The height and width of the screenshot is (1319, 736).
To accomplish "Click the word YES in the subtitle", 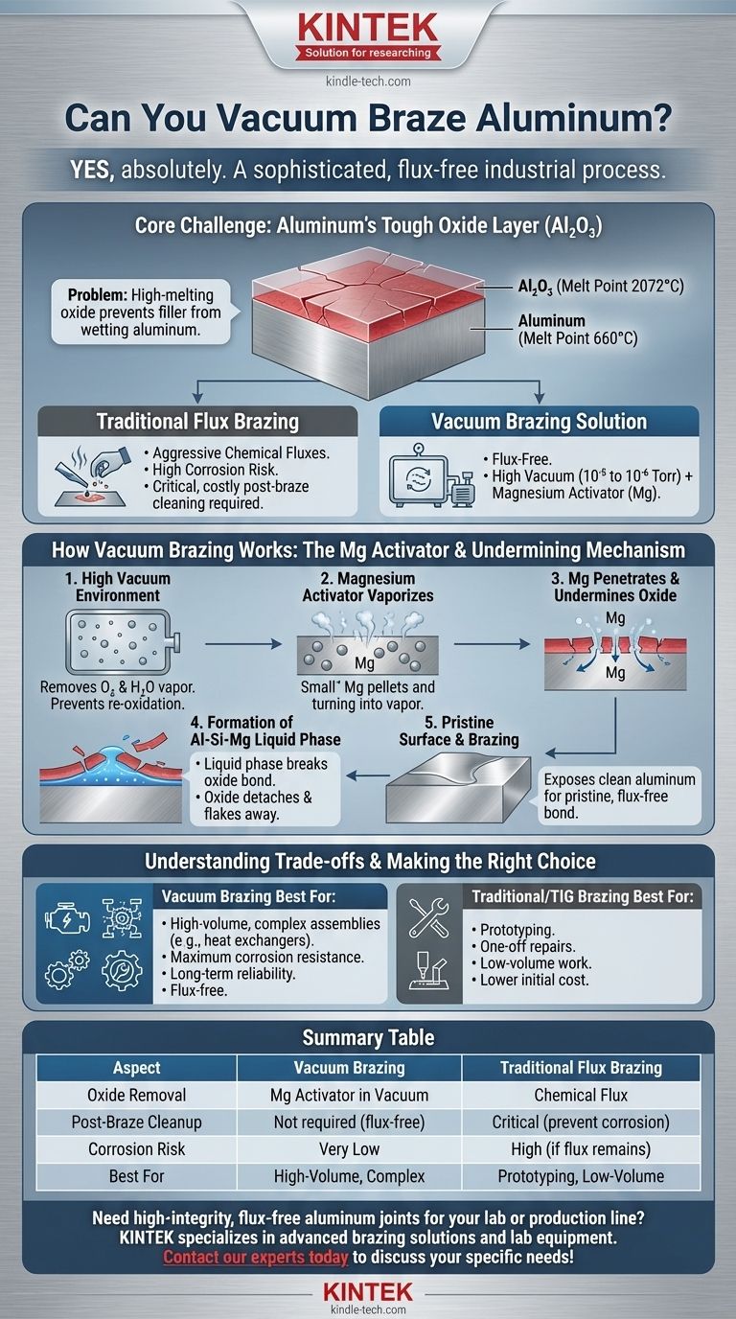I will click(94, 170).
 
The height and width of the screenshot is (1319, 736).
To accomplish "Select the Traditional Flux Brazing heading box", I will click(198, 423).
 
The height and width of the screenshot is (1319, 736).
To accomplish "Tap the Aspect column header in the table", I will click(136, 1068).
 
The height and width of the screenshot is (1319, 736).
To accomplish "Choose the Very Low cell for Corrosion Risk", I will click(348, 1148).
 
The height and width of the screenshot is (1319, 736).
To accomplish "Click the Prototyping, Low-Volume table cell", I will click(580, 1175).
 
